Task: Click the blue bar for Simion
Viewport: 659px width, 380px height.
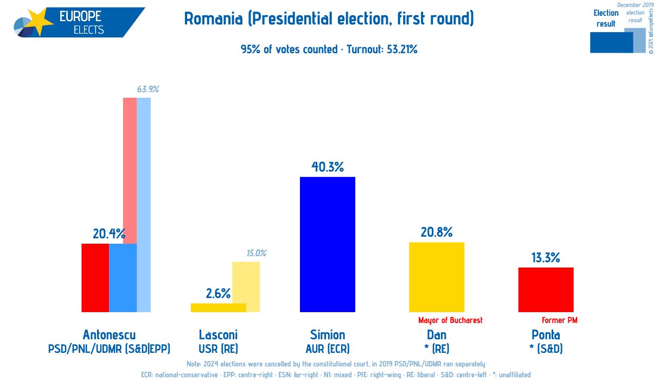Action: [328, 244]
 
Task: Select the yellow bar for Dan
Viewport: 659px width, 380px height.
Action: [437, 277]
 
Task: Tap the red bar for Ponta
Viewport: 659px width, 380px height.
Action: [546, 289]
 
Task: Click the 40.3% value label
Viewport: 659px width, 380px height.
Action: [328, 167]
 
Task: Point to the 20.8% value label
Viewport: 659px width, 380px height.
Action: [437, 232]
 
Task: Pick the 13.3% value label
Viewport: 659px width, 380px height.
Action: [546, 258]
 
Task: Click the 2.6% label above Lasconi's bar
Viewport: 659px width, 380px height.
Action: [218, 294]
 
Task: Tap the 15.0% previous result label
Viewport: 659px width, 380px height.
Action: [257, 253]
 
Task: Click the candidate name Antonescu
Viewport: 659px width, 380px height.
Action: [109, 335]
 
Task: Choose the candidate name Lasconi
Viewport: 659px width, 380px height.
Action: [218, 335]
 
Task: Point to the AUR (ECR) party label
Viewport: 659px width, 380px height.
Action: [328, 349]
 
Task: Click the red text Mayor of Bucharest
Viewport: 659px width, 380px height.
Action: [450, 320]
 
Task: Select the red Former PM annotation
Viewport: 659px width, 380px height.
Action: [560, 320]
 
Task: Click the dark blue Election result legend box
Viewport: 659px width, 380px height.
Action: [611, 42]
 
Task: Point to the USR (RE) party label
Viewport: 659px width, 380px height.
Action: [218, 349]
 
